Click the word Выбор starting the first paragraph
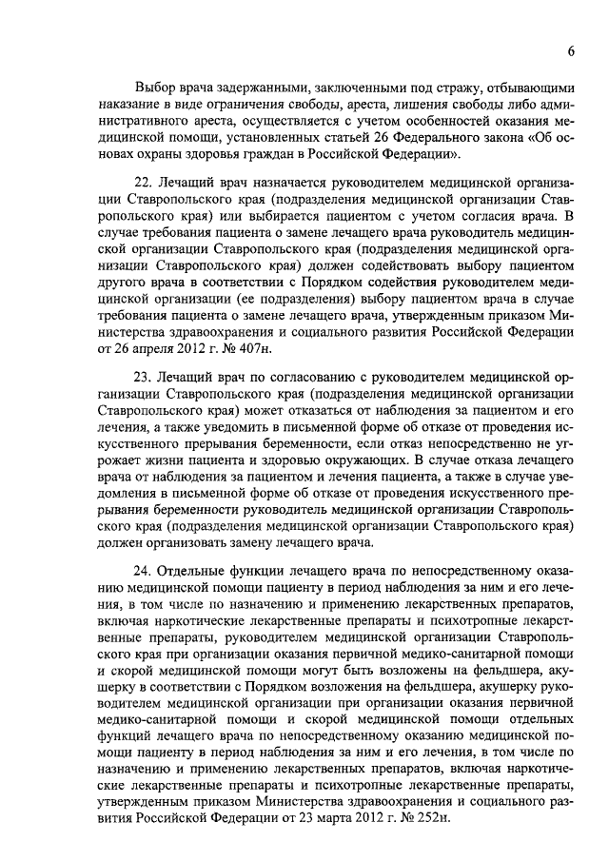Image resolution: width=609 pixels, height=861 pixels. pyautogui.click(x=157, y=87)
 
